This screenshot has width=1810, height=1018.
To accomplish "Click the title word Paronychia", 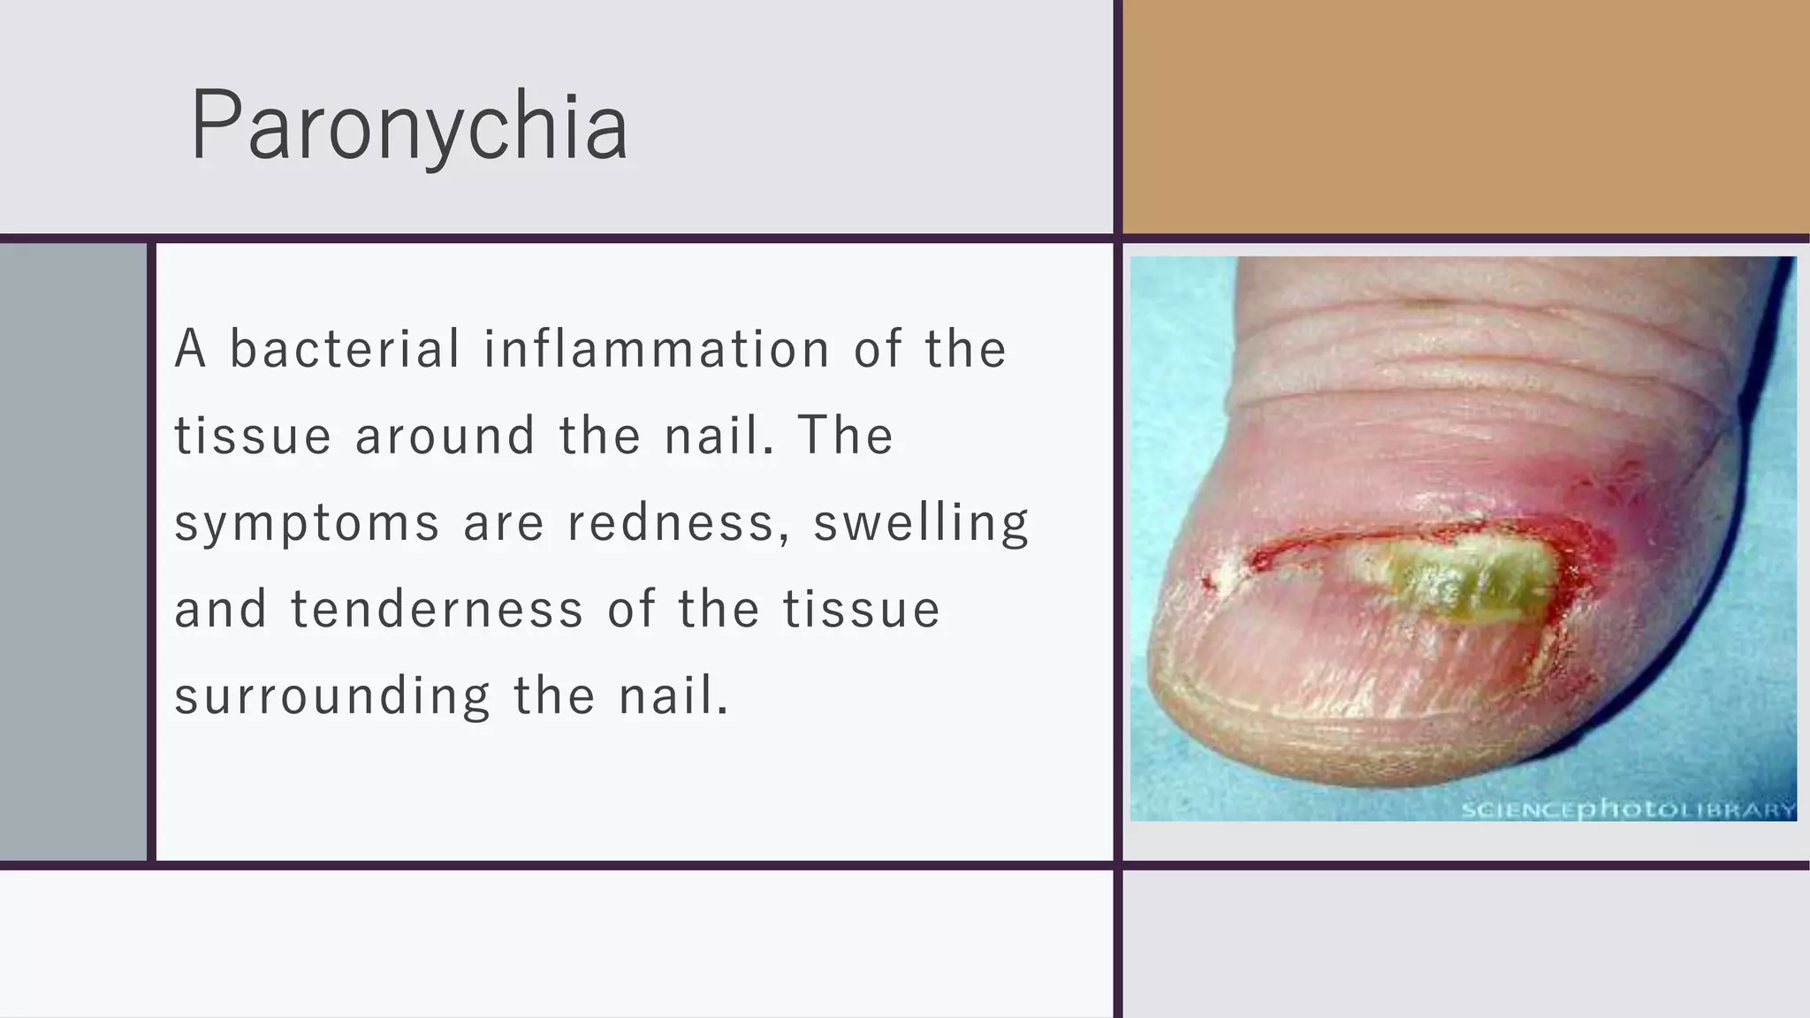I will click(409, 125).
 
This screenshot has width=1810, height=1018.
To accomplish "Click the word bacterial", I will click(345, 348).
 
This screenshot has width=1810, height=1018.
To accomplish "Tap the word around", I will click(445, 435).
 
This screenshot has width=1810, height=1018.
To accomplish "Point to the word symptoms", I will click(307, 523).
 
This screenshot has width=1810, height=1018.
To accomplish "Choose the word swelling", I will click(921, 523).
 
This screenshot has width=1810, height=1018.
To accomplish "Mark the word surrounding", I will click(332, 696).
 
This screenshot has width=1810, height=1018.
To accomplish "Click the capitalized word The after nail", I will click(846, 435).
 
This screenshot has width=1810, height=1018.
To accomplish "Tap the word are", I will click(504, 523).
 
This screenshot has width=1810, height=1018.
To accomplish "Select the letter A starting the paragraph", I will click(190, 348).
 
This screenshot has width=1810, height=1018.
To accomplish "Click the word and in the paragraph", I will click(221, 609).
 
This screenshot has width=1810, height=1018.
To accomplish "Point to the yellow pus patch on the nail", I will click(1458, 579).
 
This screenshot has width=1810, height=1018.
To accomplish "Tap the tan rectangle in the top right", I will click(1465, 117).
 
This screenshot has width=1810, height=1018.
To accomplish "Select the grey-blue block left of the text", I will click(72, 551).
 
